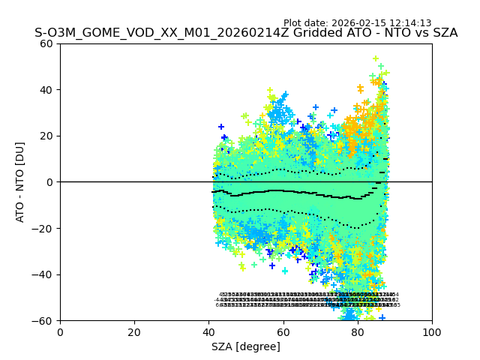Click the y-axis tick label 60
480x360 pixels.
tap(47, 43)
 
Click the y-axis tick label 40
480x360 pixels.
tap(47, 90)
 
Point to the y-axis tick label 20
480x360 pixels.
tap(47, 136)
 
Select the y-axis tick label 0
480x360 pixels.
tap(50, 182)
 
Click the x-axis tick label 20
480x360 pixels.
tap(134, 332)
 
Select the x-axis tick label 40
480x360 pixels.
tap(208, 332)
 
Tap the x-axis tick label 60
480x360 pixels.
tap(283, 332)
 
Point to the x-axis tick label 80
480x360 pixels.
tap(357, 332)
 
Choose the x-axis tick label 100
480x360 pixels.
tap(432, 332)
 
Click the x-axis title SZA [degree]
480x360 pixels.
tap(246, 346)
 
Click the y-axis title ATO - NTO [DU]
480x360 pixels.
tap(20, 182)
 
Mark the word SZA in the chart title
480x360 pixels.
tap(442, 33)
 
